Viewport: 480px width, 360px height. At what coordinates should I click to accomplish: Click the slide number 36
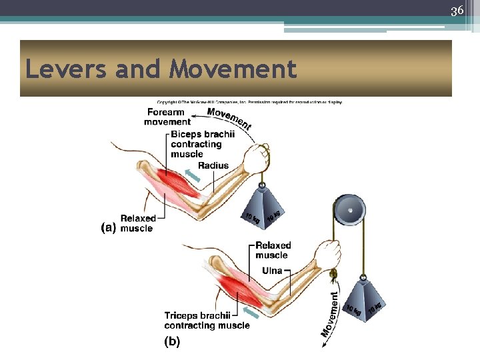tap(457, 11)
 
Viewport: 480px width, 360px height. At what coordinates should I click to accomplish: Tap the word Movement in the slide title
tap(233, 69)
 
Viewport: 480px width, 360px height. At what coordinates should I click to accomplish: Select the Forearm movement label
tap(167, 117)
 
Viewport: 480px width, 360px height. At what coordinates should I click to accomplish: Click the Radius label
tap(213, 165)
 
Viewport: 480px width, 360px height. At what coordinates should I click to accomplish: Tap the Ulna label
tap(272, 271)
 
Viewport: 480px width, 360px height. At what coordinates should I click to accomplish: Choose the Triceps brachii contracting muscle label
tap(207, 320)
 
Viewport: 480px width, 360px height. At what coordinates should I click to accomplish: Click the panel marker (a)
tap(109, 227)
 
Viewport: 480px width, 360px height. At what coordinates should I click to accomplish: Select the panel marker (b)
tap(171, 342)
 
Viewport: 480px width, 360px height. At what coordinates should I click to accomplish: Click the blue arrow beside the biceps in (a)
tap(192, 175)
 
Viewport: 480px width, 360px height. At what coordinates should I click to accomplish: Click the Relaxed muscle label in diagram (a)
tap(138, 223)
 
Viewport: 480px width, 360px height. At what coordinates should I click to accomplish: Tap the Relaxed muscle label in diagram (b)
tap(271, 250)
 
